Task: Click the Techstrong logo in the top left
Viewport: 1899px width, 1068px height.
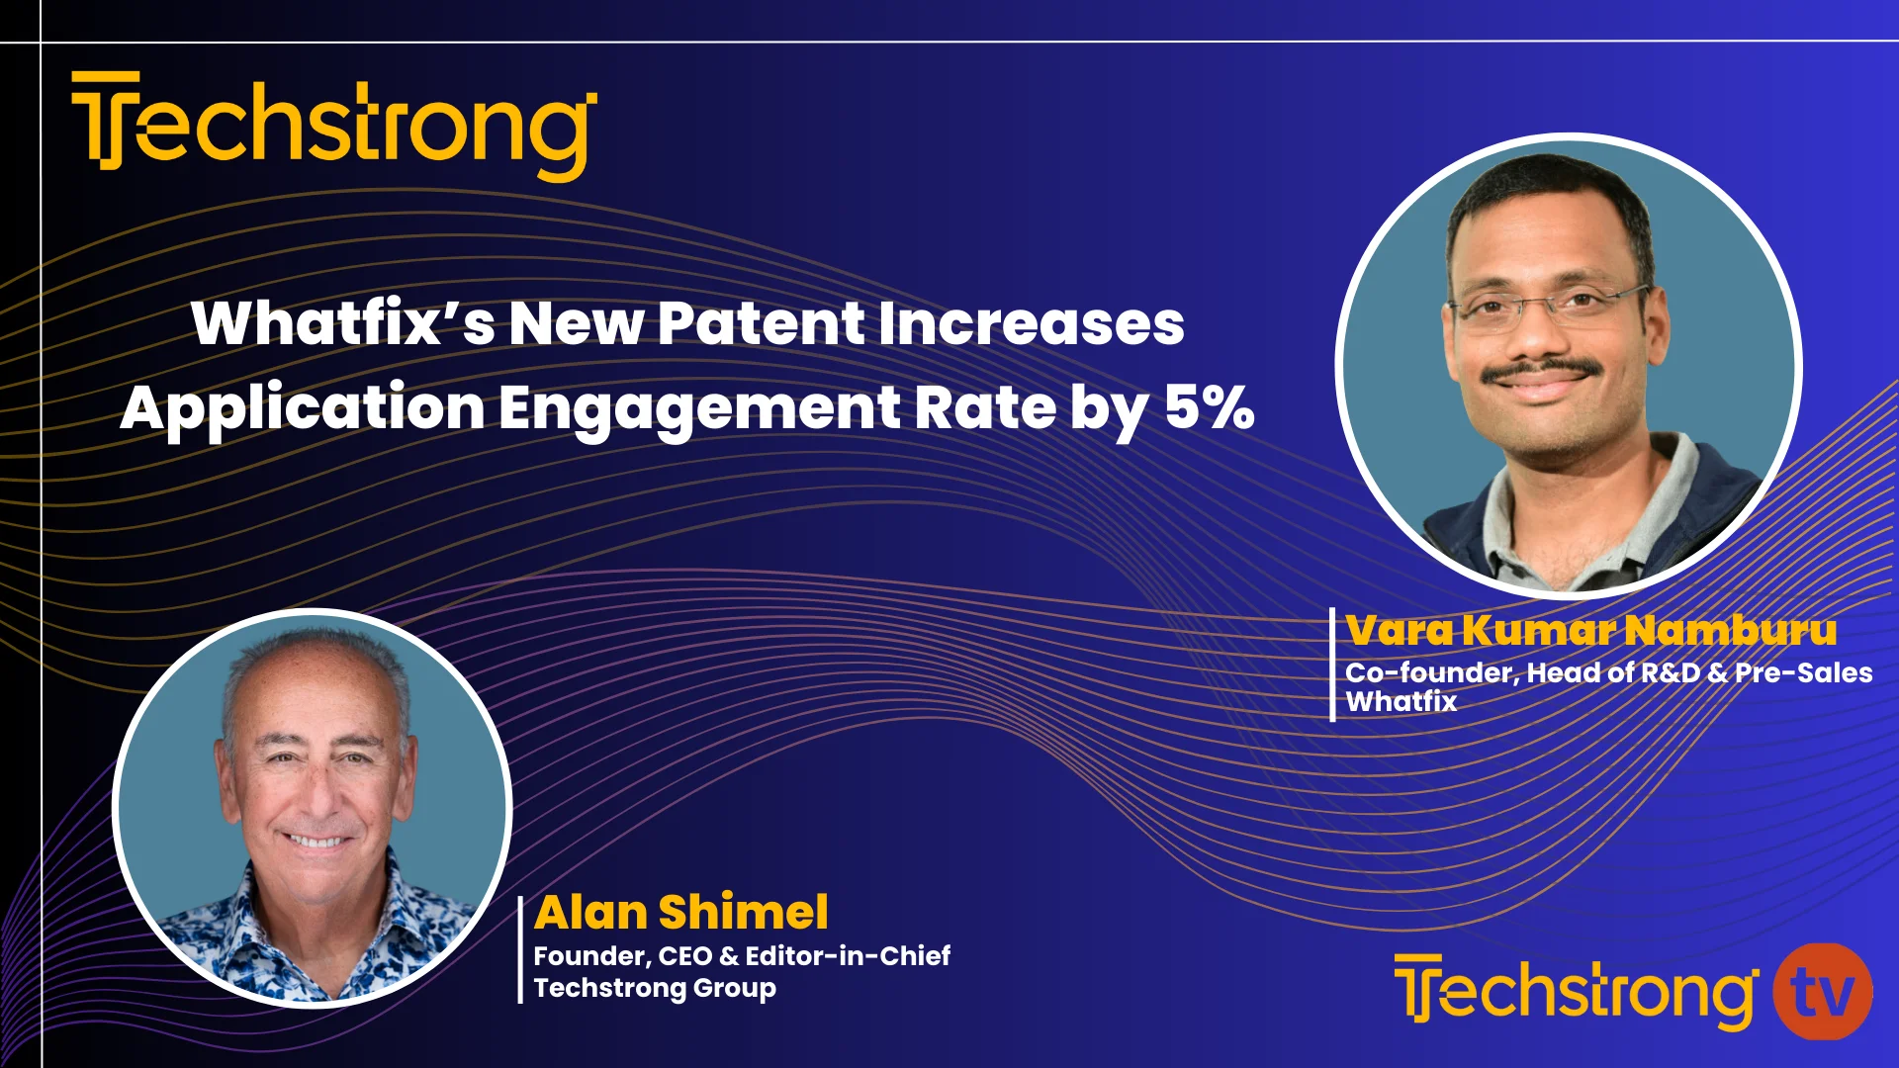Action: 334,126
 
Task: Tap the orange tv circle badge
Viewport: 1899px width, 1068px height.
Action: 1822,992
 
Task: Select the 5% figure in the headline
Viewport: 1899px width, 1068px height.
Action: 1209,406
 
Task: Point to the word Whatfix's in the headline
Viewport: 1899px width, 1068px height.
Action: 342,323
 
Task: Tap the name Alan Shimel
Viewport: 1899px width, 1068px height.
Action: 680,912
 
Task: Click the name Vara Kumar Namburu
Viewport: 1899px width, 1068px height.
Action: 1590,630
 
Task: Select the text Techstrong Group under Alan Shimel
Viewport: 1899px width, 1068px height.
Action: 655,988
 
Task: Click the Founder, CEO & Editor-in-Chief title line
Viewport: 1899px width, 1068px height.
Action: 742,955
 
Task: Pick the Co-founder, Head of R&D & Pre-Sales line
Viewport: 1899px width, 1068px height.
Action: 1608,672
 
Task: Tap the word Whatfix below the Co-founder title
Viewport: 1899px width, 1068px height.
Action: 1401,702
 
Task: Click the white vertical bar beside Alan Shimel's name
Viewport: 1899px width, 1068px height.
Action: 520,949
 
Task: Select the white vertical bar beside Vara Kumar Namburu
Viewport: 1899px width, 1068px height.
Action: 1332,665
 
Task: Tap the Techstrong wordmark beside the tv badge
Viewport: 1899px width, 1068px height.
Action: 1575,992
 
